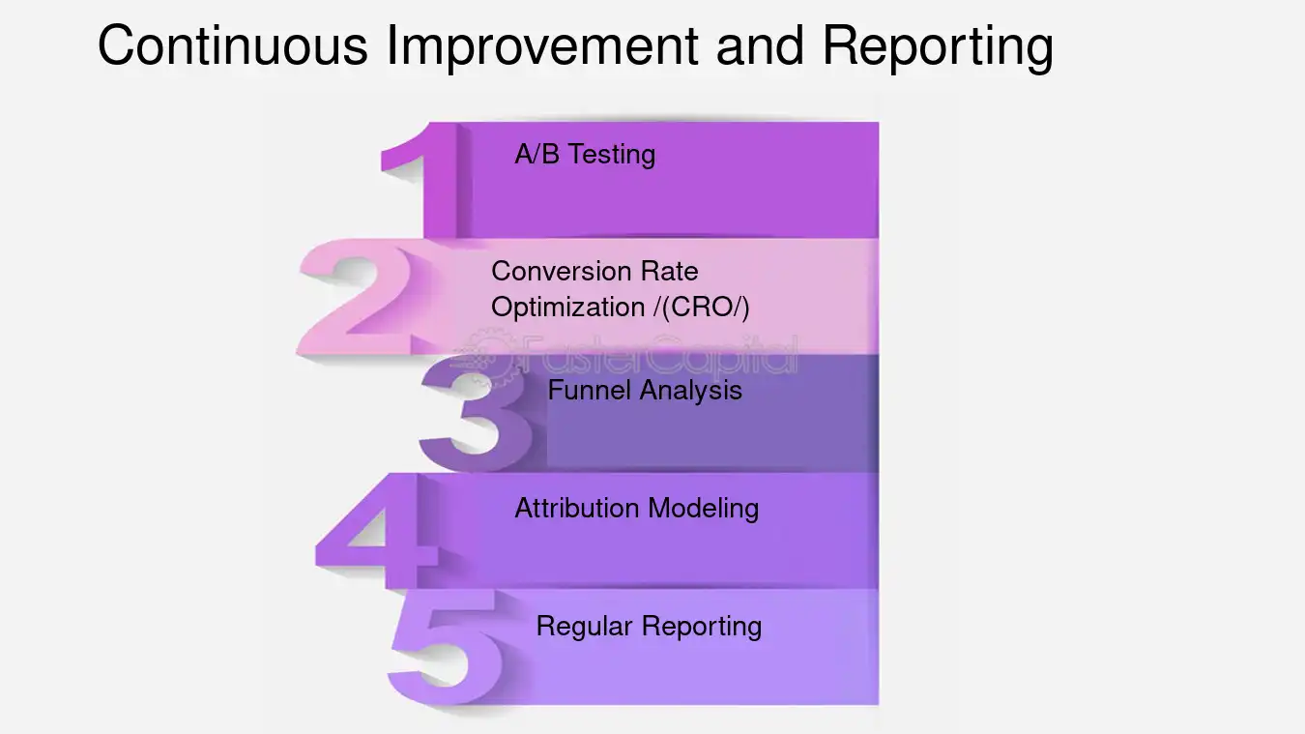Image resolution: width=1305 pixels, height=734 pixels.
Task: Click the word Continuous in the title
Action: (232, 45)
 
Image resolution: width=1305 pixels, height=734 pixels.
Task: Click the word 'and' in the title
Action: (759, 45)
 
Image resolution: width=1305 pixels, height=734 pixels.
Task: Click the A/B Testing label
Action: (585, 155)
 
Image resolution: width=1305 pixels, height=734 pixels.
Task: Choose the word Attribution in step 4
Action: (576, 508)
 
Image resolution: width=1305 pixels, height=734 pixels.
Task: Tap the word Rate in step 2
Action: (669, 271)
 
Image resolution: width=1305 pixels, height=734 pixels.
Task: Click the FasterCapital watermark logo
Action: (628, 356)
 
